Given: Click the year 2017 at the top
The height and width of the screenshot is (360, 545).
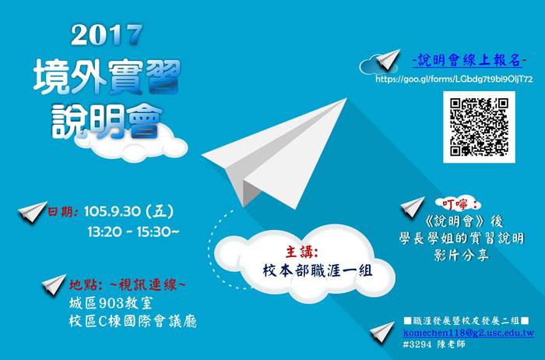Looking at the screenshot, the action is pyautogui.click(x=107, y=35).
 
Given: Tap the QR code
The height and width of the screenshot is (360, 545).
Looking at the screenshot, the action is pyautogui.click(x=479, y=127).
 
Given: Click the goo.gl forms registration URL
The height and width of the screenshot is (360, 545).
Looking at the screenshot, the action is pyautogui.click(x=454, y=79).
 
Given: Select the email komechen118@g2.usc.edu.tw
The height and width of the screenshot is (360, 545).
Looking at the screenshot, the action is pyautogui.click(x=469, y=333).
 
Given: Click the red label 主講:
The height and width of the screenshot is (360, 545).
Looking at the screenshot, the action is pyautogui.click(x=301, y=252).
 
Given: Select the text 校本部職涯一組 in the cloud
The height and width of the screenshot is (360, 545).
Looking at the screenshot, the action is pyautogui.click(x=318, y=270).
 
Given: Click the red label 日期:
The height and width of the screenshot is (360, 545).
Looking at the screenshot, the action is pyautogui.click(x=62, y=211).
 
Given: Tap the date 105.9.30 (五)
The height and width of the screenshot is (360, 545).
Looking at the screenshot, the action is pyautogui.click(x=128, y=211).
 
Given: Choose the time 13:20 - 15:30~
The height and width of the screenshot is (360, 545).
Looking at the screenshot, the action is pyautogui.click(x=133, y=231).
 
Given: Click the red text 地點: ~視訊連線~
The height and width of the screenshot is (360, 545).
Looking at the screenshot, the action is pyautogui.click(x=127, y=285).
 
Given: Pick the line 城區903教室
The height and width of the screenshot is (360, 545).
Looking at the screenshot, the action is pyautogui.click(x=111, y=303).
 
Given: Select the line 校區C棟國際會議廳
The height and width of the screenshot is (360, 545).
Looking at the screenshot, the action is pyautogui.click(x=133, y=321).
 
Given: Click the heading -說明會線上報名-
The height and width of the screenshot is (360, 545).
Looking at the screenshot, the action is pyautogui.click(x=469, y=61).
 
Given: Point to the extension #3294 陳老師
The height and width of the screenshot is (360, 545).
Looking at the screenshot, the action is pyautogui.click(x=434, y=344).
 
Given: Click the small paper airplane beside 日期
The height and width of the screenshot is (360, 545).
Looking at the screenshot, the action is pyautogui.click(x=33, y=211).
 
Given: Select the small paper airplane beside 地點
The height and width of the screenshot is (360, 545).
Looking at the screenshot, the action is pyautogui.click(x=54, y=284).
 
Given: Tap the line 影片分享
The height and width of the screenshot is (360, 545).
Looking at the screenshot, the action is pyautogui.click(x=461, y=256).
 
